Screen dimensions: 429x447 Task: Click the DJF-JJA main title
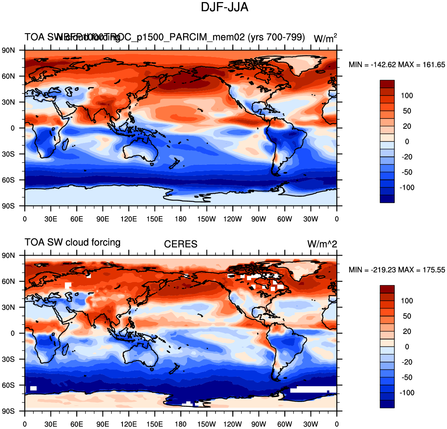225,7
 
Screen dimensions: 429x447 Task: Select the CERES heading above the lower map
181,244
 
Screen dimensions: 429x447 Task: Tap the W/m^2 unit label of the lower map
322,244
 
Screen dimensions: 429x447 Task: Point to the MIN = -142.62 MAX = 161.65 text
397,65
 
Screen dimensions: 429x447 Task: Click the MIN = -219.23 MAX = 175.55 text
397,270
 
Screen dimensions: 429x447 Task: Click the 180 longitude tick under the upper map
181,219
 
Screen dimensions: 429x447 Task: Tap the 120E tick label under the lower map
129,424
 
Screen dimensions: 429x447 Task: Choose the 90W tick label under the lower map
259,424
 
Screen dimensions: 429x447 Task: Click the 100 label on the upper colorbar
407,95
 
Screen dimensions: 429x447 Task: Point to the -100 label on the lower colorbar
406,393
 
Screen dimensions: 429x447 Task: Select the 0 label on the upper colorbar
407,141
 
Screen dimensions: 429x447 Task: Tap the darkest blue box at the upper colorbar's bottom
387,199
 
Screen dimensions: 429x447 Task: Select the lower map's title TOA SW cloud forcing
73,242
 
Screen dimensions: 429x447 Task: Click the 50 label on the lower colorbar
407,316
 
